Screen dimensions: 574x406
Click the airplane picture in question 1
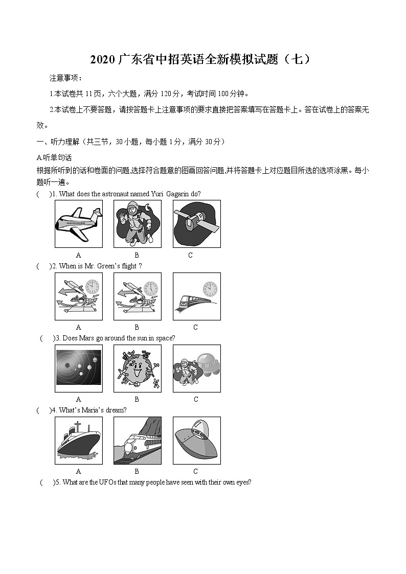coord(78,223)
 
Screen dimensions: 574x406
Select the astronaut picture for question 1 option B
coord(137,223)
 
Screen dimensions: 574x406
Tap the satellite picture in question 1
coord(196,223)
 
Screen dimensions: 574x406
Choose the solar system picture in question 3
coord(78,368)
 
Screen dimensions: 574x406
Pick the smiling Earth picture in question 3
coord(137,368)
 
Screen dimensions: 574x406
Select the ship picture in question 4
coord(78,440)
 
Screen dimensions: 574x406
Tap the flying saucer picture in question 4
coord(196,440)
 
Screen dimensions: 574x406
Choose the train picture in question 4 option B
coord(137,440)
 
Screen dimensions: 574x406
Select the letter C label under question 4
coord(196,471)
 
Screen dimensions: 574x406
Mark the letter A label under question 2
coord(78,327)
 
